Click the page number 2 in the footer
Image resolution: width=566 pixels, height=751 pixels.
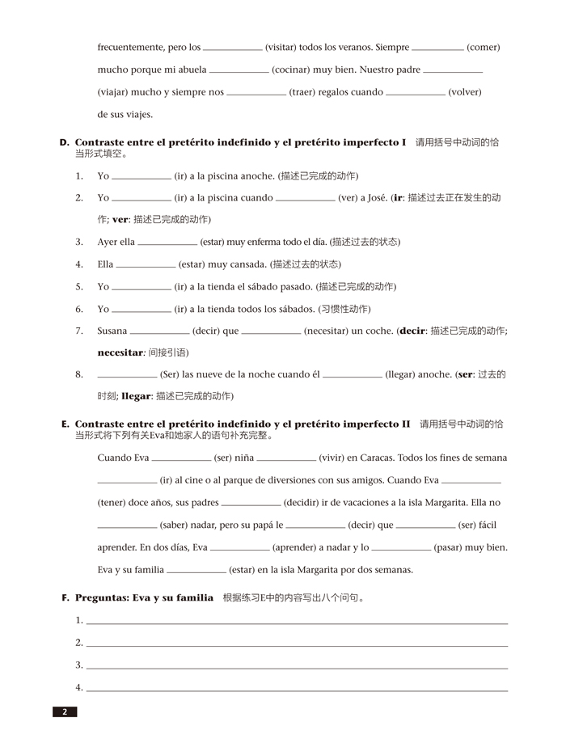65,712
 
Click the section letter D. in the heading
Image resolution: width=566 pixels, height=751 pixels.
65,142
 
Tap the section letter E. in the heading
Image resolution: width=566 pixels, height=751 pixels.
65,424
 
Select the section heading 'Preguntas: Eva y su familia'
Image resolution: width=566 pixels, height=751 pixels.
144,598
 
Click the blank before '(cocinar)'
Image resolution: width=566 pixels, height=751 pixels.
239,71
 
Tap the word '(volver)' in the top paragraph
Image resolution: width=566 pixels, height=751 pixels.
465,92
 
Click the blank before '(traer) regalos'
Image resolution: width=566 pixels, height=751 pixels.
256,94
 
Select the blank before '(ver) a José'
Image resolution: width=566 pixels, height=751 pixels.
305,199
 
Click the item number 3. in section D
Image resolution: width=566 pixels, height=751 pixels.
79,242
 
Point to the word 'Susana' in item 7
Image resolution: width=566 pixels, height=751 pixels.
112,331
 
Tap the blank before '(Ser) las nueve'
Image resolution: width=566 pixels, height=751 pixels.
127,376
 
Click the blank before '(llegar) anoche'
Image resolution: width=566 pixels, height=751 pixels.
352,376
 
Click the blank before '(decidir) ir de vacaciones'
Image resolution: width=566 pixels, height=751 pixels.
251,504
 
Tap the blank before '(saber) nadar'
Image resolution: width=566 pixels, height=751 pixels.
127,526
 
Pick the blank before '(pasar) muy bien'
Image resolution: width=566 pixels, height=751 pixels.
401,549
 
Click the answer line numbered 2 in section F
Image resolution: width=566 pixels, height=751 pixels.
297,644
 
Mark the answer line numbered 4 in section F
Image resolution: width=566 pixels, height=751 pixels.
297,690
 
